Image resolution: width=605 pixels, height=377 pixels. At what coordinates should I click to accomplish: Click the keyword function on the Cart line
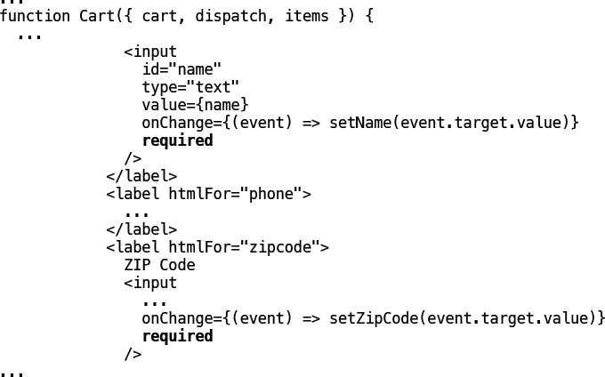pyautogui.click(x=35, y=16)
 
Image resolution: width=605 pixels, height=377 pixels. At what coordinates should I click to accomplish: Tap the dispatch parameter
pyautogui.click(x=230, y=16)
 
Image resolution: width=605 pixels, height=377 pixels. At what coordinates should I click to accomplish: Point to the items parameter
pyautogui.click(x=306, y=16)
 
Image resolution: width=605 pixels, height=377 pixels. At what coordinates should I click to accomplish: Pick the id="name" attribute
pyautogui.click(x=181, y=69)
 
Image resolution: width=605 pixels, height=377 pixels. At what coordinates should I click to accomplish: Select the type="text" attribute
pyautogui.click(x=190, y=87)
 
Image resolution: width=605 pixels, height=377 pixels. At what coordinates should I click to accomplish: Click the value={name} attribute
pyautogui.click(x=195, y=105)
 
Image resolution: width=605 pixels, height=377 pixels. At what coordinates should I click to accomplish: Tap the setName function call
pyautogui.click(x=359, y=123)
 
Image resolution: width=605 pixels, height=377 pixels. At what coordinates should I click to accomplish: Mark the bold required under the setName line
pyautogui.click(x=177, y=140)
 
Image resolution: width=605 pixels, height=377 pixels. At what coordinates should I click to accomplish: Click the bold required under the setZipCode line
pyautogui.click(x=177, y=336)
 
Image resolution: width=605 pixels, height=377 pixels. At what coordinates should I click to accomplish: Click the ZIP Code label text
pyautogui.click(x=159, y=265)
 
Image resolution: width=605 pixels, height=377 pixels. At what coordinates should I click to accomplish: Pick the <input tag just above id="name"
pyautogui.click(x=150, y=52)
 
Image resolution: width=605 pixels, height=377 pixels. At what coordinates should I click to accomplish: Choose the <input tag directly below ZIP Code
pyautogui.click(x=150, y=283)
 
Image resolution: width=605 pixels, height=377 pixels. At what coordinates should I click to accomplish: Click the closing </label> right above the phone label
pyautogui.click(x=141, y=176)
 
